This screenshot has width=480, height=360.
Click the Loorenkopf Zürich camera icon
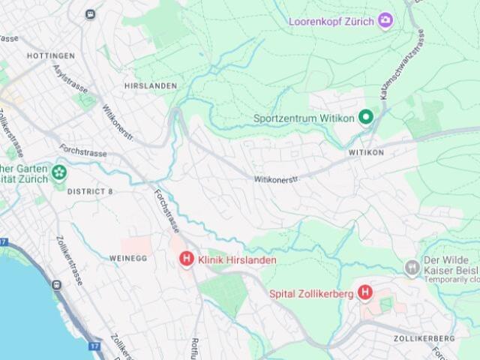[386, 20]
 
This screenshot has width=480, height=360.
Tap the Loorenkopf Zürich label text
[331, 20]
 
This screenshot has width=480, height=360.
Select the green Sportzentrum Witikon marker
[365, 117]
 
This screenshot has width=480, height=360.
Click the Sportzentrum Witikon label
[303, 118]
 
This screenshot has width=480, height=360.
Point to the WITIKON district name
[366, 152]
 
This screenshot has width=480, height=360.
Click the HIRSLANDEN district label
[151, 86]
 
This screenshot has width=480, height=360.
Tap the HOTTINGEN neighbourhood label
[50, 56]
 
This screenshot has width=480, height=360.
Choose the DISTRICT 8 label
[90, 192]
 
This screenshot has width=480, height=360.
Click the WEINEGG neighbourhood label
[128, 258]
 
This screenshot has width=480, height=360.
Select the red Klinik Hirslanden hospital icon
[186, 259]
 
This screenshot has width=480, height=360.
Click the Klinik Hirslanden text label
[237, 260]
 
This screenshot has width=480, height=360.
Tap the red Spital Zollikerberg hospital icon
[365, 292]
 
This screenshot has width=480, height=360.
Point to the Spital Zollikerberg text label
[311, 294]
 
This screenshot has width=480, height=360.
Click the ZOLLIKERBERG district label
[424, 339]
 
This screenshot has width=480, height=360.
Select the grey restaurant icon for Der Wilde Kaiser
[411, 268]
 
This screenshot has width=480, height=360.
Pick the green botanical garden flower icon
[58, 174]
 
